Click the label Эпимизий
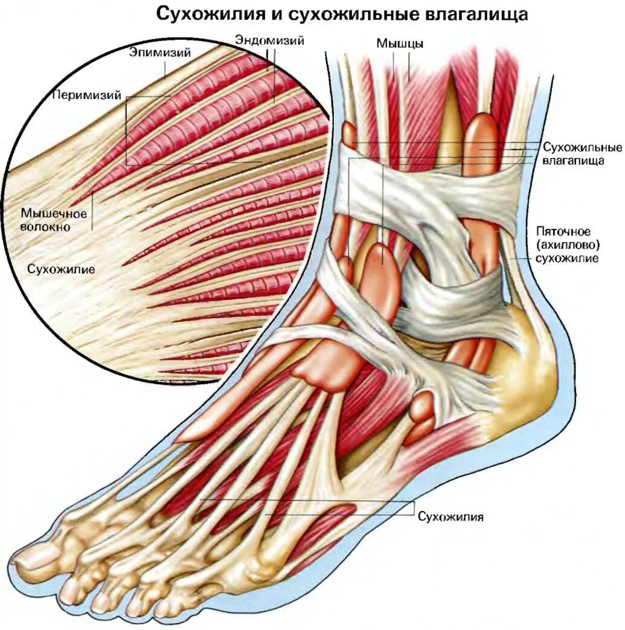(x=160, y=53)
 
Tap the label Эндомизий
(x=269, y=40)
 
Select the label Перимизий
(x=86, y=95)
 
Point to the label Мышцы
(x=400, y=43)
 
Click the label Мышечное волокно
(x=54, y=220)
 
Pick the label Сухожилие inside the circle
(x=61, y=269)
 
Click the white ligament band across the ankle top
(x=423, y=187)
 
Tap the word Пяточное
(x=566, y=232)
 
